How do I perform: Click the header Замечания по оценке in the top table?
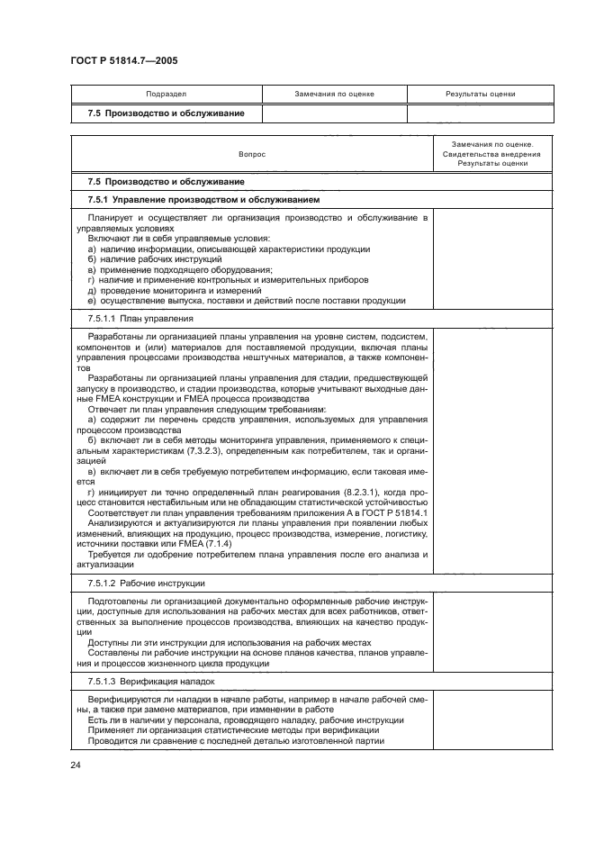(x=334, y=95)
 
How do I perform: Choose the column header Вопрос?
(x=252, y=154)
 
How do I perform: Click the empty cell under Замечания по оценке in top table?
(x=334, y=114)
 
